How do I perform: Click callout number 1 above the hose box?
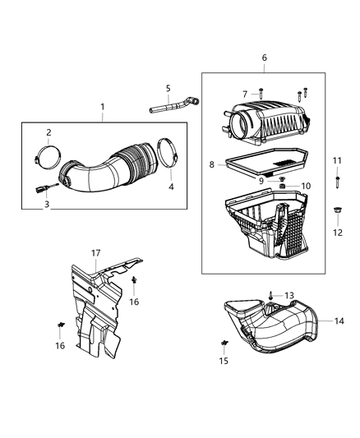point(103,107)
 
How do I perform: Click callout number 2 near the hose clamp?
point(48,132)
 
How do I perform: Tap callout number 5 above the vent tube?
point(167,88)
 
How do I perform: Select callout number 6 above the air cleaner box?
point(264,58)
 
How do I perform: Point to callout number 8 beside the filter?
point(212,165)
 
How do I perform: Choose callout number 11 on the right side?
point(335,159)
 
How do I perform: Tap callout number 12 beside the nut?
point(335,233)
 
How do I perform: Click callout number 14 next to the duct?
point(339,321)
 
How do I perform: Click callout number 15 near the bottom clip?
point(224,361)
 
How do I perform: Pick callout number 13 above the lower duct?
point(288,295)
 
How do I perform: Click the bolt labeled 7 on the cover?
point(261,96)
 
